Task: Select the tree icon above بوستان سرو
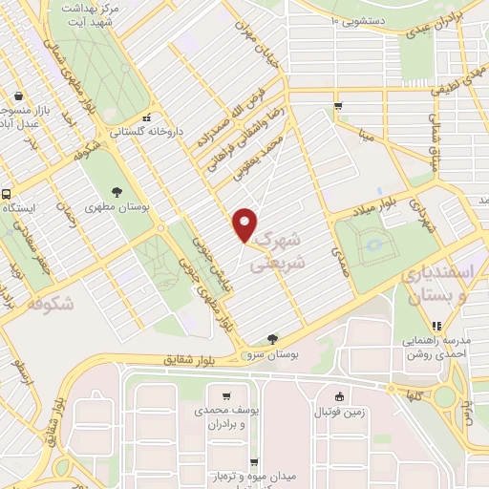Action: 274,338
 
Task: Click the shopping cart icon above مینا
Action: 337,106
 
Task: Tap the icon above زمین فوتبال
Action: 337,397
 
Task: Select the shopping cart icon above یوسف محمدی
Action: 226,396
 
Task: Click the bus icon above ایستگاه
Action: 5,193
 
